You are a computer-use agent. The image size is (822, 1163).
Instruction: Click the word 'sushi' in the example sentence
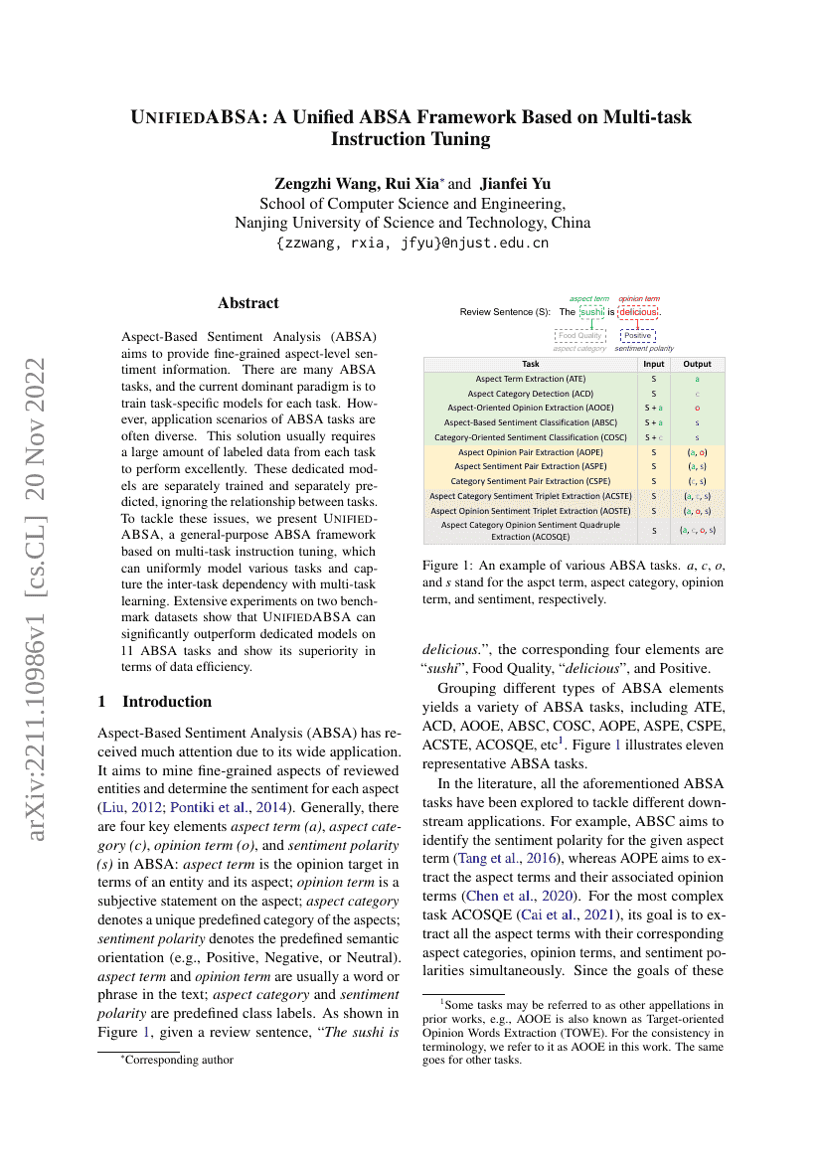click(592, 312)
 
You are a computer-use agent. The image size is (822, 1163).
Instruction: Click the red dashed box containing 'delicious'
click(637, 312)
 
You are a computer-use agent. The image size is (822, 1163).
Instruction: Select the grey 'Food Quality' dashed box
click(579, 336)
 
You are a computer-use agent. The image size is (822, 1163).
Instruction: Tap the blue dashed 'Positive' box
click(637, 336)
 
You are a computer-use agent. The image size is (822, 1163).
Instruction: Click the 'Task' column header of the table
click(531, 364)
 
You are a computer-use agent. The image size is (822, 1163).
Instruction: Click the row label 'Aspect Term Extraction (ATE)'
click(531, 379)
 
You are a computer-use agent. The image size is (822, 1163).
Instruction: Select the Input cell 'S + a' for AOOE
click(653, 408)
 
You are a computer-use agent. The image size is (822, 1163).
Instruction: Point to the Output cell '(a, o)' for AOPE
click(697, 452)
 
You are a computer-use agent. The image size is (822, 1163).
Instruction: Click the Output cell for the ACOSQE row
click(697, 531)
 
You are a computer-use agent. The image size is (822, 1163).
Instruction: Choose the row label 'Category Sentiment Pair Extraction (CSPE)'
click(531, 481)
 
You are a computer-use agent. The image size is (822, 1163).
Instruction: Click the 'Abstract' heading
click(248, 303)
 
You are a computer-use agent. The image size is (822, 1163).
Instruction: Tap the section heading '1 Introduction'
click(155, 702)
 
